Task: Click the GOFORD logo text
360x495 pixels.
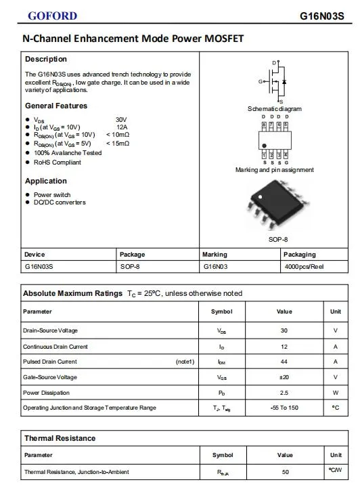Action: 52,16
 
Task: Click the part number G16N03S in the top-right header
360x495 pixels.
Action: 326,16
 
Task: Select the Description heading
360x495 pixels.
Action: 46,59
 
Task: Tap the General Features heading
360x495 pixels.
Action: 56,106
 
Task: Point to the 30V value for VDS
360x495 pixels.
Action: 121,119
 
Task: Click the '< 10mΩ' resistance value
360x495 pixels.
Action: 117,135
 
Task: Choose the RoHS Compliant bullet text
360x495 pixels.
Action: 58,163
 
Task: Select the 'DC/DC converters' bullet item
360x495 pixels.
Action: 60,202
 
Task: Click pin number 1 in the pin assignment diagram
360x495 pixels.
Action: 263,155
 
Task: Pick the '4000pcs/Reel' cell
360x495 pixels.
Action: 304,267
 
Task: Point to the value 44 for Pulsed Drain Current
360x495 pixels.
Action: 284,362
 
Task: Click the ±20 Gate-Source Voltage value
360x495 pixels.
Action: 284,377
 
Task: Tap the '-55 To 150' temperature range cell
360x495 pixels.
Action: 284,408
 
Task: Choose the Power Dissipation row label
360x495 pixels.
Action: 46,393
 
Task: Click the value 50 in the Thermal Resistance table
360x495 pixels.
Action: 285,471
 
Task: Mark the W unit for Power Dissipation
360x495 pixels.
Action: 335,393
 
